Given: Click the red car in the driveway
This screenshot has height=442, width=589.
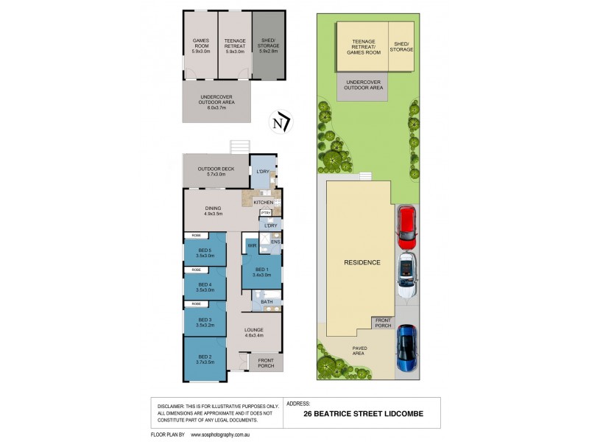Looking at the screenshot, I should tap(406, 228).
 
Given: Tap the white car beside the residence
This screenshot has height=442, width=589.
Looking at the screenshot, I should tap(406, 275).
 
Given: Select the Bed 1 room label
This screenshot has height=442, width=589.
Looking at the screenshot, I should tap(261, 271).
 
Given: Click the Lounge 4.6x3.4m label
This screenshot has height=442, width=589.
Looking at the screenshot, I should tap(255, 332).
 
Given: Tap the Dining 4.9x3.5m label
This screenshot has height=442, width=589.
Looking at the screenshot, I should tap(213, 211).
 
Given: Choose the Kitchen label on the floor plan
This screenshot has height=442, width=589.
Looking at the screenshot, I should tap(263, 202).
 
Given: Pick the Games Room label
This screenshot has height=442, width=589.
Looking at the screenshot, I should tap(201, 46).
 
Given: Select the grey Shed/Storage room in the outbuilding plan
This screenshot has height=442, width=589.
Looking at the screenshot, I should tap(267, 46).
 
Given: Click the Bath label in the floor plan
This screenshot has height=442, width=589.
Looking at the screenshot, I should tap(267, 302).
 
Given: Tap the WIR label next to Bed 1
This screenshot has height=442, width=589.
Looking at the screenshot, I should tap(252, 245).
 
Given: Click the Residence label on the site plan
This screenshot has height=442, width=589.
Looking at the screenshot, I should tap(361, 262).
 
